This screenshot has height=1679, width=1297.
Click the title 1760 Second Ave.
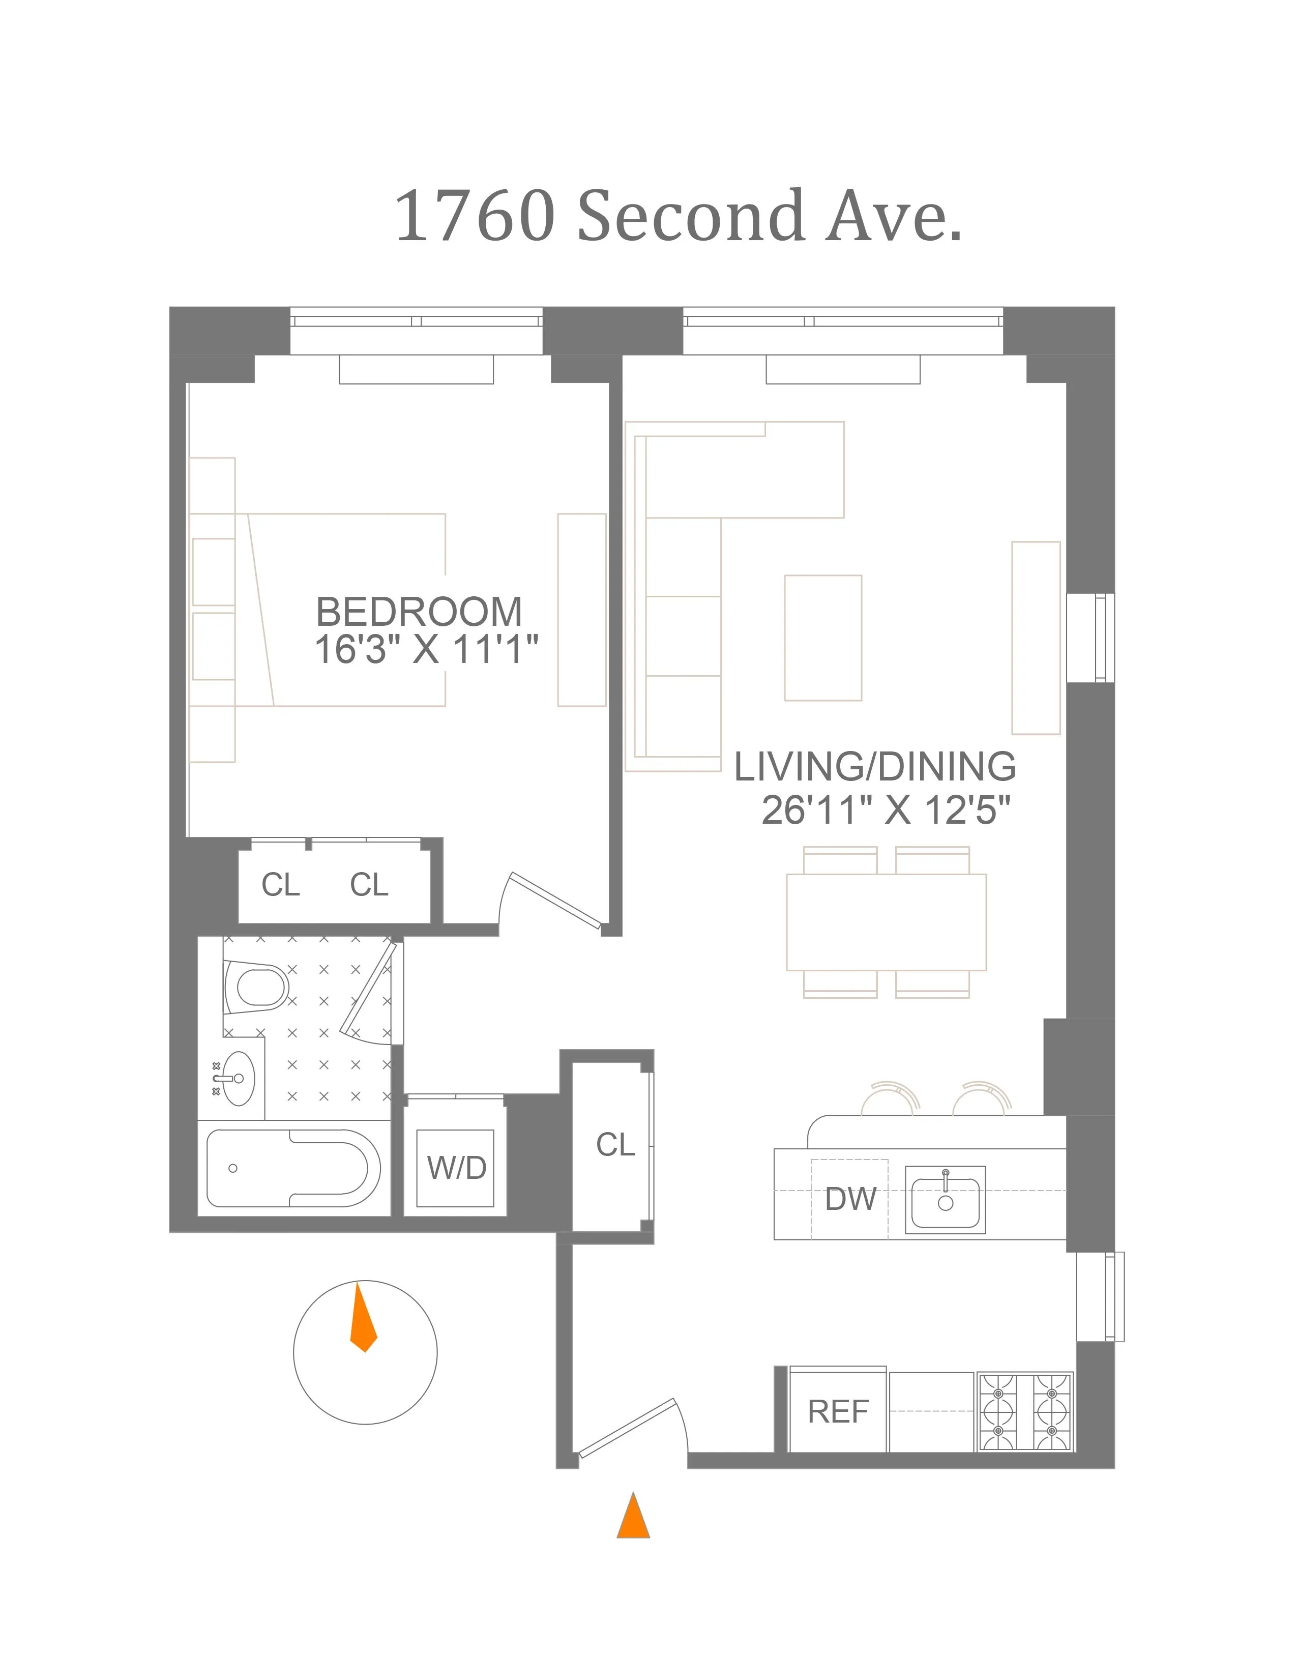point(677,216)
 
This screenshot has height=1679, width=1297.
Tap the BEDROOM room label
point(419,612)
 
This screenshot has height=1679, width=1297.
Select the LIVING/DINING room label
point(874,766)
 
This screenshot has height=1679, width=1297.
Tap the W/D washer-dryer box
point(456,1168)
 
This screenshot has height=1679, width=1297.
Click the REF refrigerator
point(838,1411)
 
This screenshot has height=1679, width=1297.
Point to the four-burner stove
point(1025,1411)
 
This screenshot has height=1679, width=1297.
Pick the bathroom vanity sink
point(238,1078)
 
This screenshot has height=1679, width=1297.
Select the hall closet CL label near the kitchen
point(615,1145)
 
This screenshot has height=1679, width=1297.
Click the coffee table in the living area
point(823,638)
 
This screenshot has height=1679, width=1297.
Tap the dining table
point(886,922)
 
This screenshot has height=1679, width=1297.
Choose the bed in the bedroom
point(346,610)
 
